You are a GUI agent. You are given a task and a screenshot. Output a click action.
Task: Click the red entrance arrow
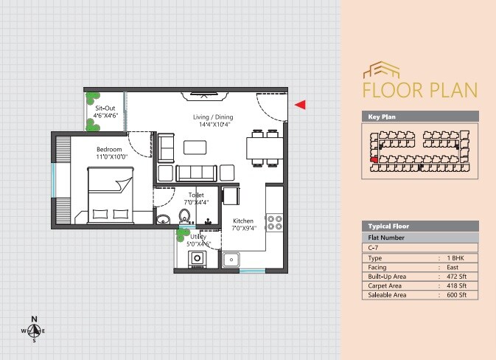[x=299, y=105]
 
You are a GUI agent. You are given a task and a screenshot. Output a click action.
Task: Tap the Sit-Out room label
[x=105, y=111]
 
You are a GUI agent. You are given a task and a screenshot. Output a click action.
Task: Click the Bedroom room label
[x=112, y=153]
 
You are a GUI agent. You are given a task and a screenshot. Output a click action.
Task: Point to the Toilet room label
[x=195, y=198]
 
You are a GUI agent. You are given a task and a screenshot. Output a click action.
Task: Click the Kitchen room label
[x=243, y=224]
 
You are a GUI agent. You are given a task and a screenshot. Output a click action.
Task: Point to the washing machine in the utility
[x=198, y=259]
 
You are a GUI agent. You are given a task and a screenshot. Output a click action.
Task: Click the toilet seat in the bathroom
[x=184, y=216]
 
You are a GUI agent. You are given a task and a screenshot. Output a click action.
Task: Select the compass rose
[x=34, y=331]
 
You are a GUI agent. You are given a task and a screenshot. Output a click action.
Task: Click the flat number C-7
[x=374, y=248]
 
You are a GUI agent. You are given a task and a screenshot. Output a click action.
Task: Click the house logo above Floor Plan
[x=381, y=71]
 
